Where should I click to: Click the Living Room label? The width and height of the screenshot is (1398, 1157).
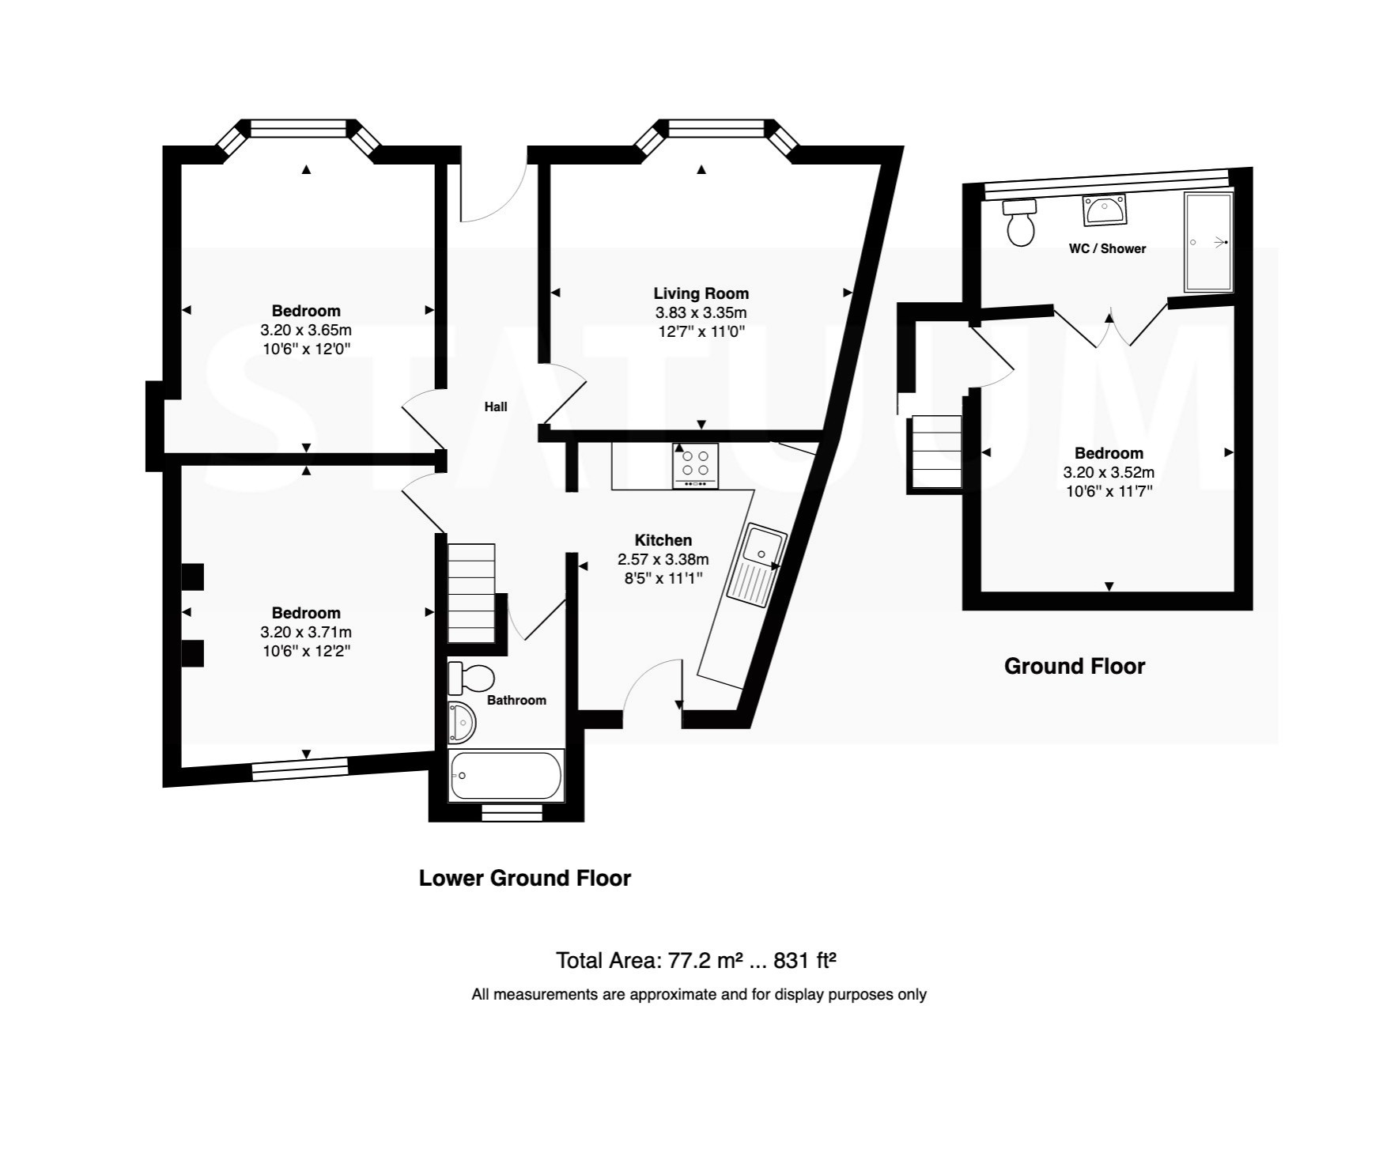click(x=701, y=293)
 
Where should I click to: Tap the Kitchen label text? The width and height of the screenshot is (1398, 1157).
click(x=663, y=540)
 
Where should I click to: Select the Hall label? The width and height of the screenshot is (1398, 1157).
click(x=496, y=406)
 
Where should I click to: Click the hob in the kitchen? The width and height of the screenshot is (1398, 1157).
click(x=696, y=466)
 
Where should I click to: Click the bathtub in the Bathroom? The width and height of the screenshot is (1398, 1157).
click(x=506, y=775)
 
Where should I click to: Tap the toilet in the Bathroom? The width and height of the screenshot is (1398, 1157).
click(x=471, y=678)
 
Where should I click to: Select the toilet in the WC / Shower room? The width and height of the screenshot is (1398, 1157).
click(x=1020, y=222)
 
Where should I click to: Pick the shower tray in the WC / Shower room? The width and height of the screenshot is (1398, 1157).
click(x=1208, y=242)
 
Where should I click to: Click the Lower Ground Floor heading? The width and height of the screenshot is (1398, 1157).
click(x=525, y=879)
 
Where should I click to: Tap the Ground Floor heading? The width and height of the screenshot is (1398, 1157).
click(x=1075, y=667)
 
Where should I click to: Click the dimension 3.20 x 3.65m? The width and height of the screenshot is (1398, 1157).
click(x=306, y=330)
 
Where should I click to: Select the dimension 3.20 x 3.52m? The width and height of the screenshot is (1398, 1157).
click(x=1109, y=472)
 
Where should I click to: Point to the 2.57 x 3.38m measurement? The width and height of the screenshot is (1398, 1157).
click(x=663, y=559)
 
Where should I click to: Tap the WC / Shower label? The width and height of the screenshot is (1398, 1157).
click(x=1107, y=248)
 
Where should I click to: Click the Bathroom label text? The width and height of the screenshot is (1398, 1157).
click(x=516, y=700)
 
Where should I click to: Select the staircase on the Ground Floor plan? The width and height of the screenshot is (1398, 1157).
click(x=937, y=452)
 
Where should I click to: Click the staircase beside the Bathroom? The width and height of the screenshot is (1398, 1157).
click(x=471, y=593)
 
